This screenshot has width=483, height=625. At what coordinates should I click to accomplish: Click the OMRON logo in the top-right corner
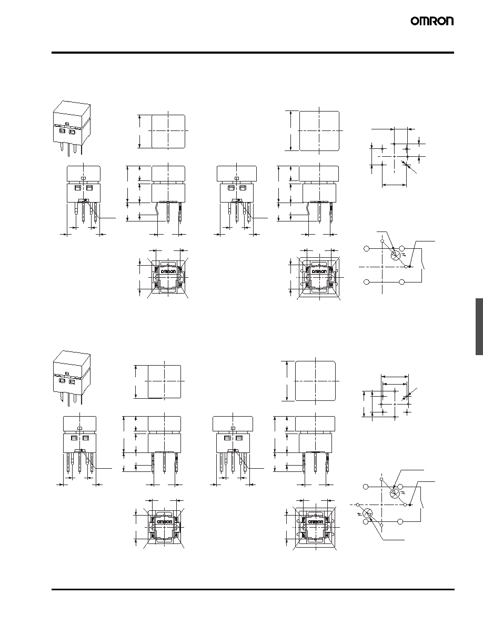point(432,21)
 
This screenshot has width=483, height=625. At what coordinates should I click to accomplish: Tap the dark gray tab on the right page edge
point(479,326)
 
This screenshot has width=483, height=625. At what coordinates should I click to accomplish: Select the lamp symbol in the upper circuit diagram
point(395,256)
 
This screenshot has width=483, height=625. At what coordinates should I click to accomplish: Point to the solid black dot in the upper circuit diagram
point(410,266)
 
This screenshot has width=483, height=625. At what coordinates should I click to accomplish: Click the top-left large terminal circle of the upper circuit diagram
point(367,249)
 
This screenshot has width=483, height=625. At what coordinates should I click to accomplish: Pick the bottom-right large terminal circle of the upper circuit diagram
point(402,282)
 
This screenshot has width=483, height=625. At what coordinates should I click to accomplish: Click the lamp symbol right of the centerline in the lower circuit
point(395,493)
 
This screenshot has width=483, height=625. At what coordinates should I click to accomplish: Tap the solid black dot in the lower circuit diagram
point(410,505)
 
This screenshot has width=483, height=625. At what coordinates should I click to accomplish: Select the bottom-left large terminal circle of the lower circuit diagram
point(366,522)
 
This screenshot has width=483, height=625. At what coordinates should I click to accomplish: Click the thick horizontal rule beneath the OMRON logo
point(253,53)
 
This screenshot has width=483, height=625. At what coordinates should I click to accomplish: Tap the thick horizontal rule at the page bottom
point(253,589)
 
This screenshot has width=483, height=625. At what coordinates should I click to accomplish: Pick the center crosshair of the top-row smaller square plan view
point(168,131)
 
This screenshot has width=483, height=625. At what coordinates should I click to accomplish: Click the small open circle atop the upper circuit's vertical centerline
point(382,241)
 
